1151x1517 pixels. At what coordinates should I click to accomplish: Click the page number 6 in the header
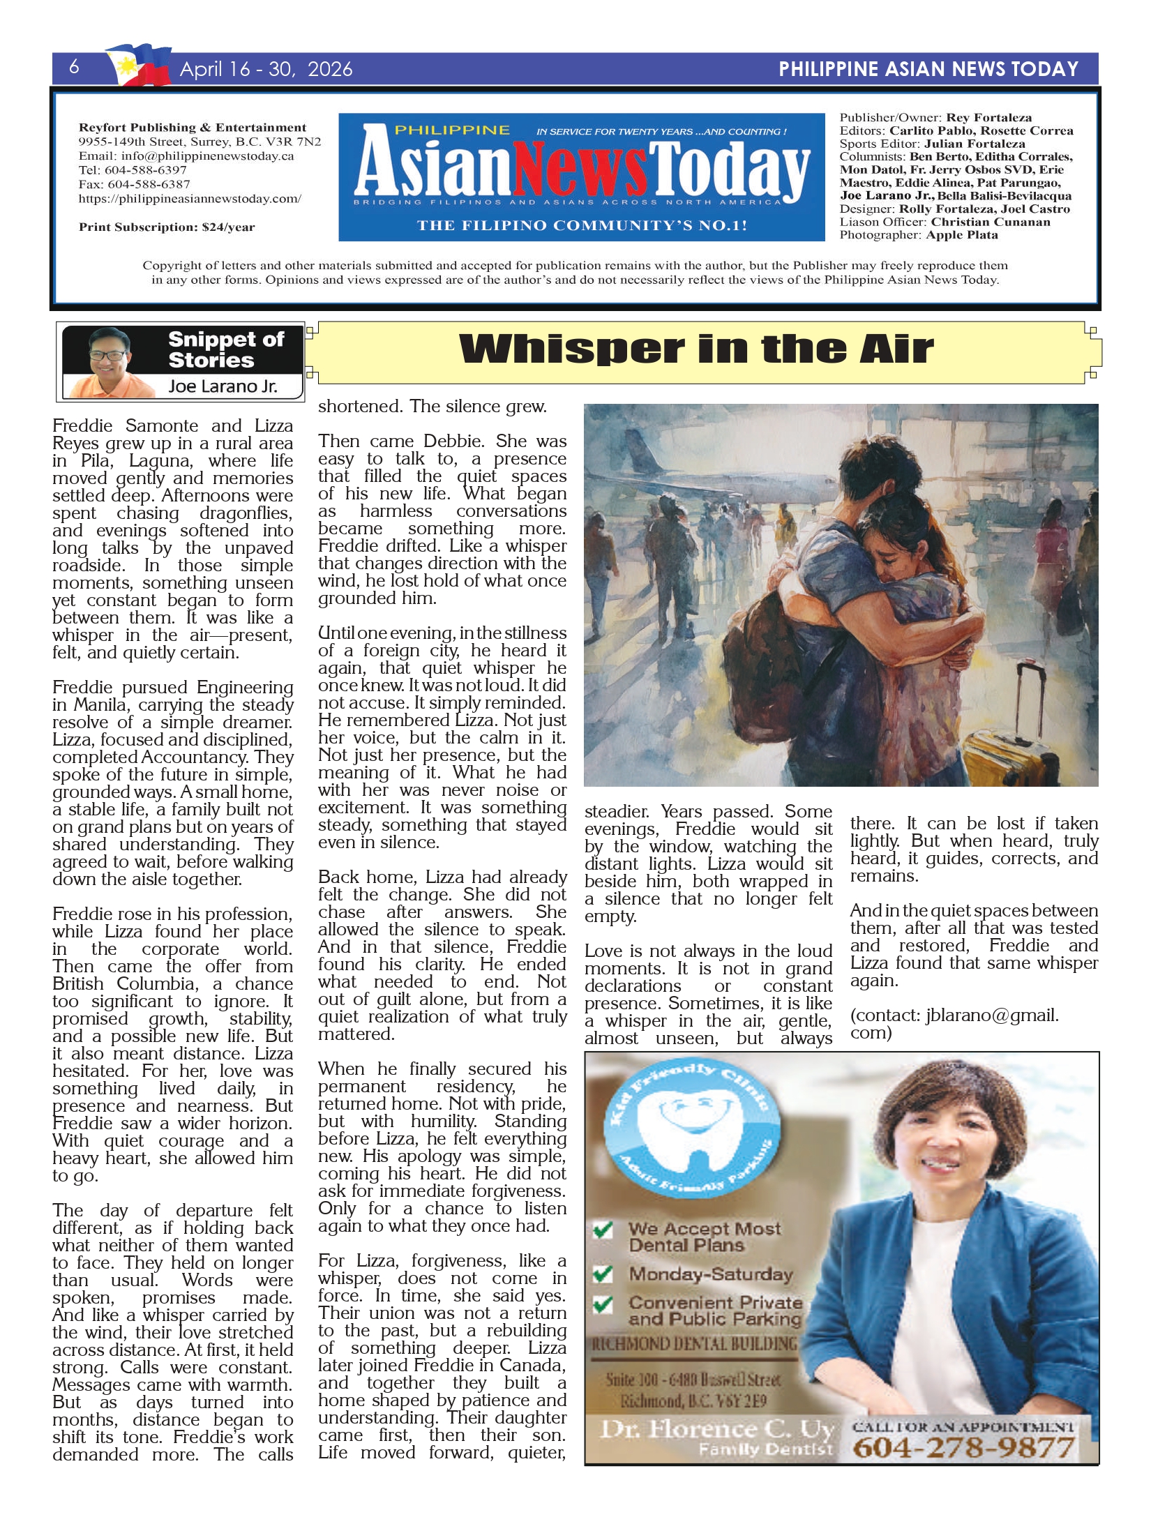74,67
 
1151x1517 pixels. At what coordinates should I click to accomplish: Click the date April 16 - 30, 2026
266,69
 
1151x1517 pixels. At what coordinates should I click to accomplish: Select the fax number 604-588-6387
148,184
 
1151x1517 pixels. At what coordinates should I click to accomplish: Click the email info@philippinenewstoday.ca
207,156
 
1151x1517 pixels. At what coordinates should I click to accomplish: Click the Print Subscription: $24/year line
167,227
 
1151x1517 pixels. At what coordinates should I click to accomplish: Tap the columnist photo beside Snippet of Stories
111,362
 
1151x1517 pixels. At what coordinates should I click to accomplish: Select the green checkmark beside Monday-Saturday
603,1274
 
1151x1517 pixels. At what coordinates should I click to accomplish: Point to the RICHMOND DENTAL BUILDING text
694,1343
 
